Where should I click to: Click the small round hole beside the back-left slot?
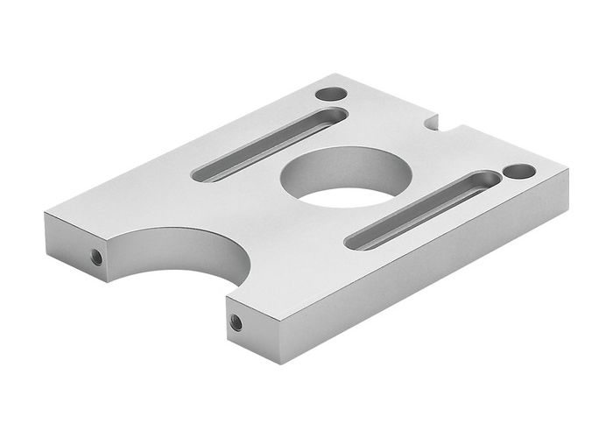[x=329, y=92]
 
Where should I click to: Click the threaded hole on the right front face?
[x=236, y=322]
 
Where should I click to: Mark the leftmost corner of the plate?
[x=42, y=215]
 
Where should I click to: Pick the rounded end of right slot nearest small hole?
[x=490, y=179]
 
